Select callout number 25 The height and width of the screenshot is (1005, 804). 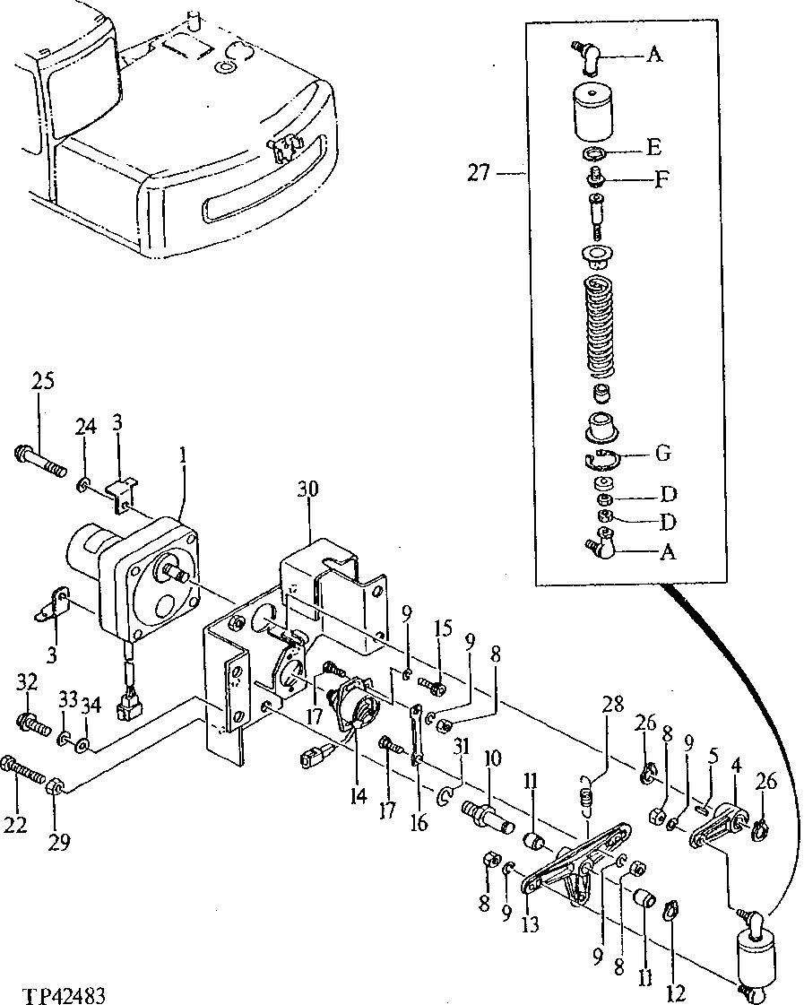(x=43, y=381)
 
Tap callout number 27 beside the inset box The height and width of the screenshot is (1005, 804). (x=479, y=171)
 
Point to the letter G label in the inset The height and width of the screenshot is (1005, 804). (x=662, y=454)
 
